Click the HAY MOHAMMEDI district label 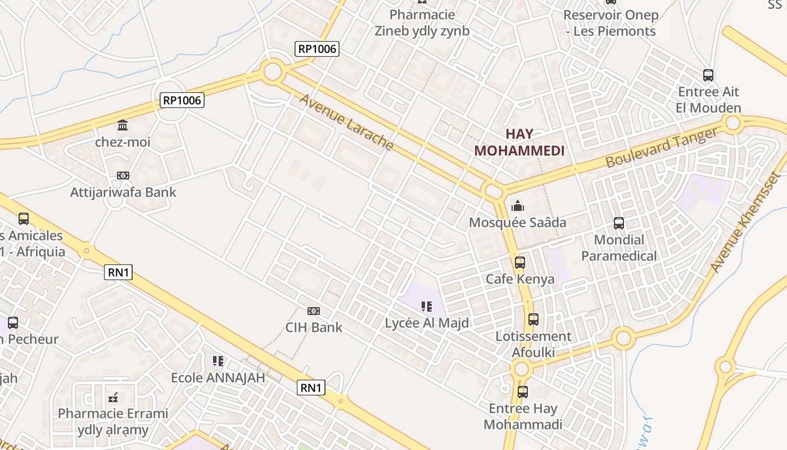[x=519, y=142]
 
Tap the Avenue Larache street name [x=346, y=122]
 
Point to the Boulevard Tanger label [x=662, y=147]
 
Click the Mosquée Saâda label [x=517, y=223]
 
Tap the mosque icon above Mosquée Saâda [x=517, y=206]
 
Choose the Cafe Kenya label [x=519, y=279]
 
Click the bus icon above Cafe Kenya [x=519, y=263]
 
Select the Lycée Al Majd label [x=427, y=323]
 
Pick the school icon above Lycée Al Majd [x=427, y=307]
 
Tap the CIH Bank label [x=314, y=327]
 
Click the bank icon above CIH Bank [x=314, y=311]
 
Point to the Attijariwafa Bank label [x=123, y=192]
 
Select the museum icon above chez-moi [x=123, y=125]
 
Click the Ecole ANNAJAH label [x=218, y=377]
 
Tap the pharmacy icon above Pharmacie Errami [x=113, y=398]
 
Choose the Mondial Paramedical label [x=619, y=248]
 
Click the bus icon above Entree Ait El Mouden [x=708, y=75]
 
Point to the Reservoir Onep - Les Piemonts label [x=610, y=23]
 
